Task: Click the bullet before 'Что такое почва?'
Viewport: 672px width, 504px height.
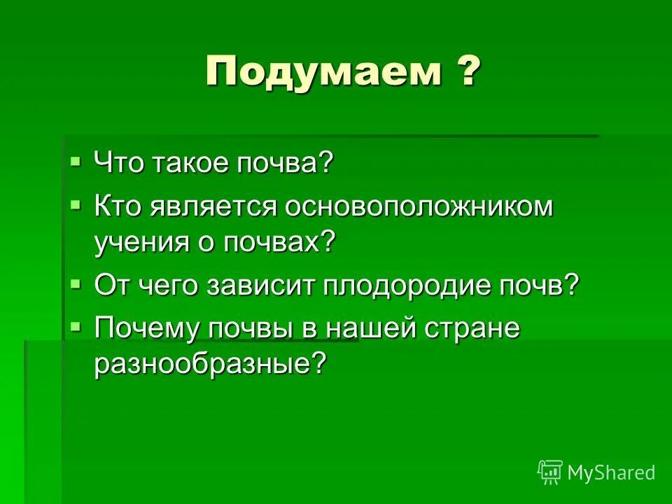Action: [76, 162]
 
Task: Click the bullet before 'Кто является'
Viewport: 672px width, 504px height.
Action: [76, 204]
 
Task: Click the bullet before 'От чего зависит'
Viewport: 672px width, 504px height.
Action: [76, 282]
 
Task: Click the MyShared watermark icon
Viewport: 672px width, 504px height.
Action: [550, 472]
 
